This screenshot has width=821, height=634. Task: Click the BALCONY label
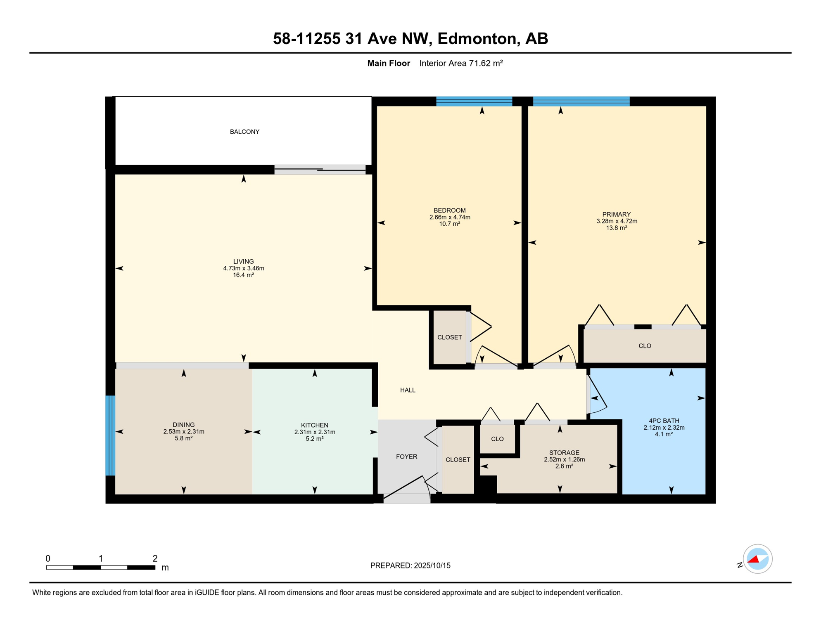click(x=244, y=132)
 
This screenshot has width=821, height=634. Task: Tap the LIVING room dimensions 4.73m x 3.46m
click(x=243, y=268)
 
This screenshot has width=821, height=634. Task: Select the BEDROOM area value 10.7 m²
click(x=449, y=224)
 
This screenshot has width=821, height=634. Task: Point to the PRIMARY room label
click(x=616, y=214)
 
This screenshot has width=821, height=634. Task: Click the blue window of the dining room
click(x=110, y=435)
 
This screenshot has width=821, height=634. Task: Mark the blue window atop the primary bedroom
click(x=581, y=101)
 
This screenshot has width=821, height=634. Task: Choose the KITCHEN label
click(x=314, y=425)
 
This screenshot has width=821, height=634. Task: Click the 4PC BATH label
click(x=664, y=421)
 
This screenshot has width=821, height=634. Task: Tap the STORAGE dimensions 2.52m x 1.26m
click(x=564, y=459)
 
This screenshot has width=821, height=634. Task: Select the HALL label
click(x=408, y=390)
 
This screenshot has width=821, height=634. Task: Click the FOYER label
click(x=406, y=457)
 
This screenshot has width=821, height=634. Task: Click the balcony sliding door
click(x=320, y=169)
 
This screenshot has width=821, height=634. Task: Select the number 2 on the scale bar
click(x=155, y=558)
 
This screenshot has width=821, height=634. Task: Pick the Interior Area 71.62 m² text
click(x=461, y=63)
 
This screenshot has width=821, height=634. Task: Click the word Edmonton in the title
click(x=476, y=38)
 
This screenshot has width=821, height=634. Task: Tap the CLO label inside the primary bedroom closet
click(x=644, y=346)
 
